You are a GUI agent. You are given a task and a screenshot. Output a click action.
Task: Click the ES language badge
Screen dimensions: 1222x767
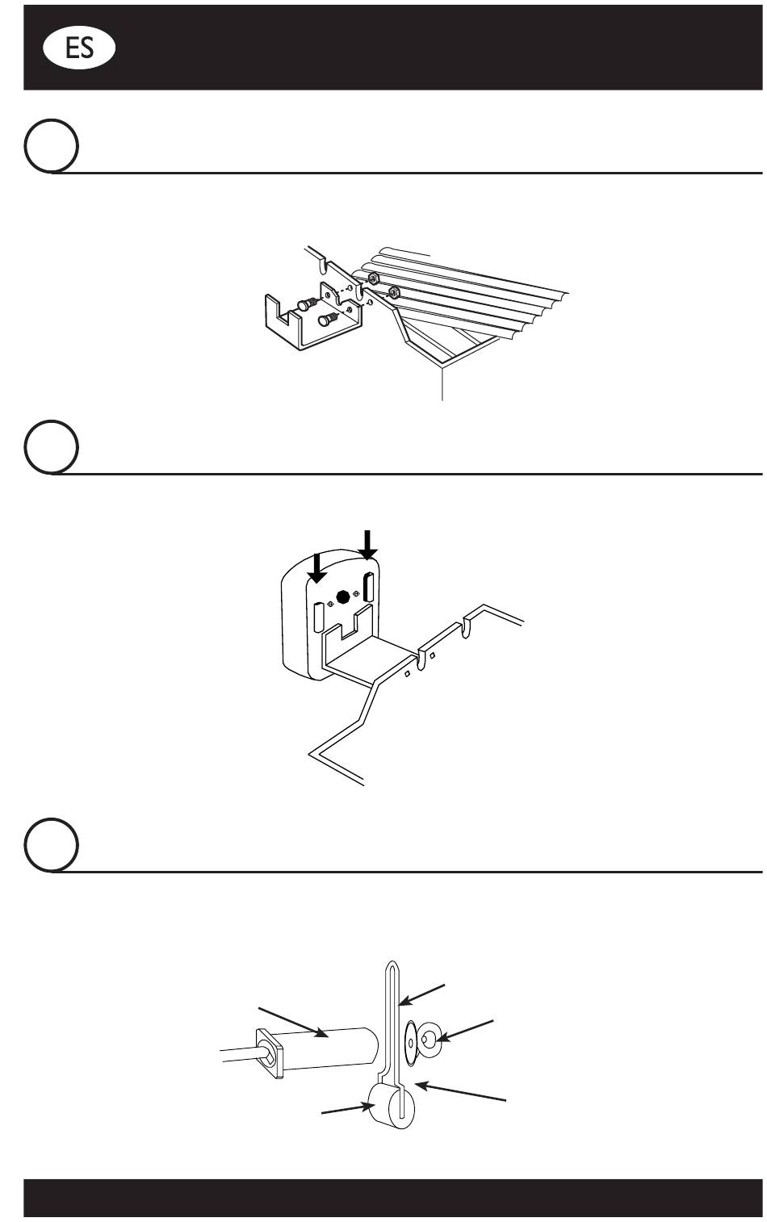point(78,48)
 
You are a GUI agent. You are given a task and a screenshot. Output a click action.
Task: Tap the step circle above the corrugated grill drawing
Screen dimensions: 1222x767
point(52,147)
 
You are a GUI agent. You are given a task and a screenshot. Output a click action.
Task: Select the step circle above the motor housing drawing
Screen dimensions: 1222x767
point(52,446)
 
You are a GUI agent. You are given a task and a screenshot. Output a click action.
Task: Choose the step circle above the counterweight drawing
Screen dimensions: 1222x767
point(52,845)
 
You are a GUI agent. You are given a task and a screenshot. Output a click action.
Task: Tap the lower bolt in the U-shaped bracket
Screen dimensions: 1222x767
point(325,320)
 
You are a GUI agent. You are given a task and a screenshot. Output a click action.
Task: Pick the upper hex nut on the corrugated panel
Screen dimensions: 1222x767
point(375,278)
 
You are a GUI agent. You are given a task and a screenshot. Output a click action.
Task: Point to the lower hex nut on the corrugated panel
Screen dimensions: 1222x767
point(394,291)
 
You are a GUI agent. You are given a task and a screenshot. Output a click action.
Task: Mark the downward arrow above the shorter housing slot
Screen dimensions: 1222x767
point(317,567)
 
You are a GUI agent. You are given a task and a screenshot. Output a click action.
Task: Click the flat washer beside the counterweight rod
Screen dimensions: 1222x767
point(412,1042)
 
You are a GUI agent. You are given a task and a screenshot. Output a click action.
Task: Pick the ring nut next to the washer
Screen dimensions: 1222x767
point(430,1042)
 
